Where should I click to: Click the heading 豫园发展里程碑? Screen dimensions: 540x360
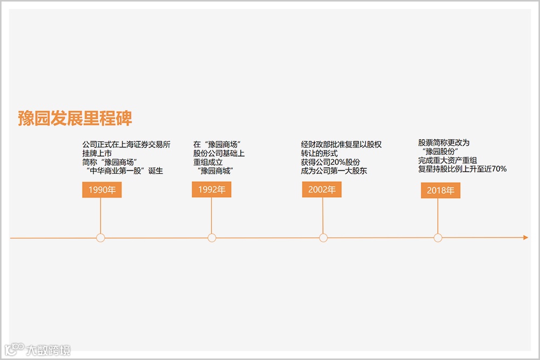click(x=75, y=118)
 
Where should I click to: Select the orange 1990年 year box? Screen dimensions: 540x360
click(x=102, y=189)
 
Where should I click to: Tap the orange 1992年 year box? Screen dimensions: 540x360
click(x=212, y=189)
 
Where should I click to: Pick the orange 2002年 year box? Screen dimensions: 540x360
click(x=322, y=189)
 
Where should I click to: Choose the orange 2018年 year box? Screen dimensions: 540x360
click(x=441, y=190)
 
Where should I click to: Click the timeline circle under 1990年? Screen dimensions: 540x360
click(x=100, y=237)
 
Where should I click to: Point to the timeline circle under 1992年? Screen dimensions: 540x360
click(x=212, y=237)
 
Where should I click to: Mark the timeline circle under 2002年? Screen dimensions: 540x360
click(x=323, y=237)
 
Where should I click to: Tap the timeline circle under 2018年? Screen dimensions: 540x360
click(x=438, y=237)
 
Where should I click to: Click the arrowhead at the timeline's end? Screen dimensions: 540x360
click(x=525, y=237)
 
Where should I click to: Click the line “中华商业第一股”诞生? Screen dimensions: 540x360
click(x=124, y=171)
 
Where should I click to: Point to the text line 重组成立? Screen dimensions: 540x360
click(x=208, y=162)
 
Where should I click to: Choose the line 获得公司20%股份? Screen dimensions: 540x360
click(x=330, y=162)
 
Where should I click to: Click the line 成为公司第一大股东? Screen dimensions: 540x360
click(x=334, y=171)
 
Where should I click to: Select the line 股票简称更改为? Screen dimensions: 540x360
click(x=444, y=142)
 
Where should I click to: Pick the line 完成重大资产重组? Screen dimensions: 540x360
click(x=447, y=160)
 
